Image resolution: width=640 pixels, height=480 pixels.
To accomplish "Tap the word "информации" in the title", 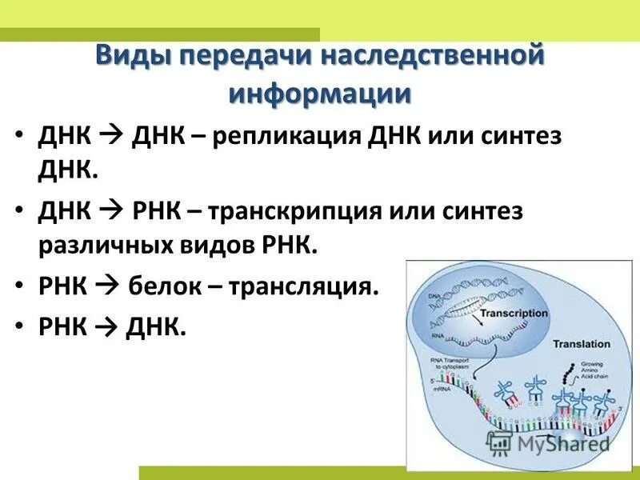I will coord(320,94).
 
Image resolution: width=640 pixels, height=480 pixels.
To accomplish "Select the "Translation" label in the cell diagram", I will coord(582,344).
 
